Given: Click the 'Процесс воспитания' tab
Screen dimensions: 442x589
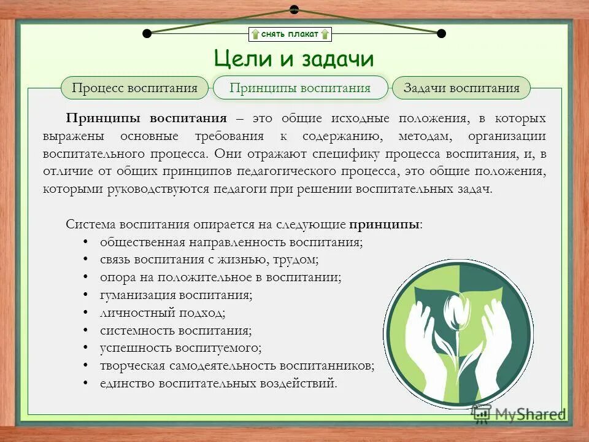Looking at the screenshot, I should (134, 88).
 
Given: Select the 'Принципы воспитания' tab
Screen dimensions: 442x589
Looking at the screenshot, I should (300, 88).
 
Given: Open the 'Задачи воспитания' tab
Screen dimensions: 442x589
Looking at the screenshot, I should (461, 88).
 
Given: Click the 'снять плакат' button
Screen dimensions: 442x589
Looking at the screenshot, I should (290, 34).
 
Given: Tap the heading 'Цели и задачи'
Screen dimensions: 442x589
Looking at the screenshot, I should (294, 59).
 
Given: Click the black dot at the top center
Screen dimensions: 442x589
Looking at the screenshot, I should (294, 9).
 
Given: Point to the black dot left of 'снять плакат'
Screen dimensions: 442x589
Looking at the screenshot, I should (147, 33).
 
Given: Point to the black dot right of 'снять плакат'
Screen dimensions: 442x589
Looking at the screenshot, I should (441, 33).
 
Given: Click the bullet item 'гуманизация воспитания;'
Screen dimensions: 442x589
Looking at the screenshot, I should (176, 295).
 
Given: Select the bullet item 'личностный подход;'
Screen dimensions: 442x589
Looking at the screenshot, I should (163, 312).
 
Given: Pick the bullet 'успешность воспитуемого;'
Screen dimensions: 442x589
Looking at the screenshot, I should (180, 348).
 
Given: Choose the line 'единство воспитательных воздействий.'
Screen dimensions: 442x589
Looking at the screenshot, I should (218, 384).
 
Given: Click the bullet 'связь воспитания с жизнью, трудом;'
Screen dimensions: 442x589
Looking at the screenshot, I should (209, 260).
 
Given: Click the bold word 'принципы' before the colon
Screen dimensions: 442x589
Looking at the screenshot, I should (384, 224).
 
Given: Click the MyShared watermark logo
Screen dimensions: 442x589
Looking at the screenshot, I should (518, 413).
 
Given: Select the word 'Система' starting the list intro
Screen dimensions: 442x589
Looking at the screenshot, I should (91, 224).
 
